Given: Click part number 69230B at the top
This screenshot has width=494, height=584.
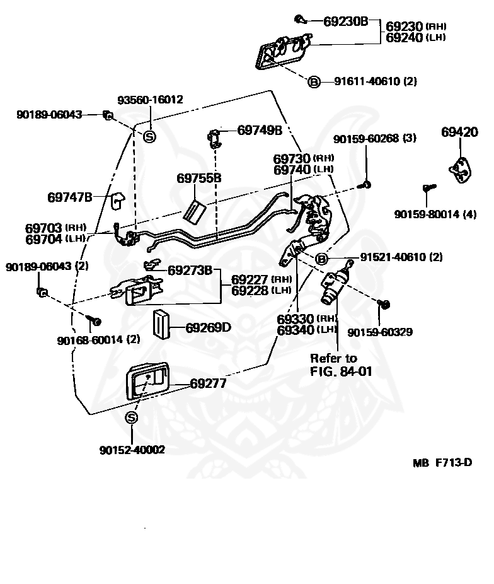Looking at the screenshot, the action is click(345, 21).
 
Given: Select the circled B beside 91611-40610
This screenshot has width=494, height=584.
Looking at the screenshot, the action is click(314, 81).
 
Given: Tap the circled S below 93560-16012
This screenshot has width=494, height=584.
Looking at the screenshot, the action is click(149, 137).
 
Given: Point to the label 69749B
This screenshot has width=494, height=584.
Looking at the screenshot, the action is click(260, 130).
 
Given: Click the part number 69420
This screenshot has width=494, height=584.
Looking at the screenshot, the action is click(459, 132).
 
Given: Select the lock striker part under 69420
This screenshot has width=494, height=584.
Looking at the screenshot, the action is click(461, 170).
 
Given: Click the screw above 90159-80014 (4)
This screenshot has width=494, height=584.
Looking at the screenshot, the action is click(429, 187).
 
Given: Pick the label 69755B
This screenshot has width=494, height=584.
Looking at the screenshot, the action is click(198, 178).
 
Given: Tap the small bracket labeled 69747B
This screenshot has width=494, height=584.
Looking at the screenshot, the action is click(118, 200).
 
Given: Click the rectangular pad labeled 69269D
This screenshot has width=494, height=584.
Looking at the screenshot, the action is click(161, 324).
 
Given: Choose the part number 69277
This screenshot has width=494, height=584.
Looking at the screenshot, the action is click(208, 383).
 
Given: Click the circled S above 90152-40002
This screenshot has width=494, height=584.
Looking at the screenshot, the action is click(131, 418).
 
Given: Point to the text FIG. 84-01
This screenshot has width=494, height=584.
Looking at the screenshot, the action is click(341, 371).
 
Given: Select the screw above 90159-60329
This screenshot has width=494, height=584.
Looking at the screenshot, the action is click(384, 304).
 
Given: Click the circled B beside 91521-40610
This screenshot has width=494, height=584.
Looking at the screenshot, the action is click(321, 259).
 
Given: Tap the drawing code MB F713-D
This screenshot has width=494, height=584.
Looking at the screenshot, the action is click(442, 462).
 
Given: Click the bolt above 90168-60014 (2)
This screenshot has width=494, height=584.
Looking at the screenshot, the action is click(94, 320).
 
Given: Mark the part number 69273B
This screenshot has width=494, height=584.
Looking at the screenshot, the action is click(190, 270).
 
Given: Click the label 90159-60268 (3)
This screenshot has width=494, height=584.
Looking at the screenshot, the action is click(374, 139).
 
